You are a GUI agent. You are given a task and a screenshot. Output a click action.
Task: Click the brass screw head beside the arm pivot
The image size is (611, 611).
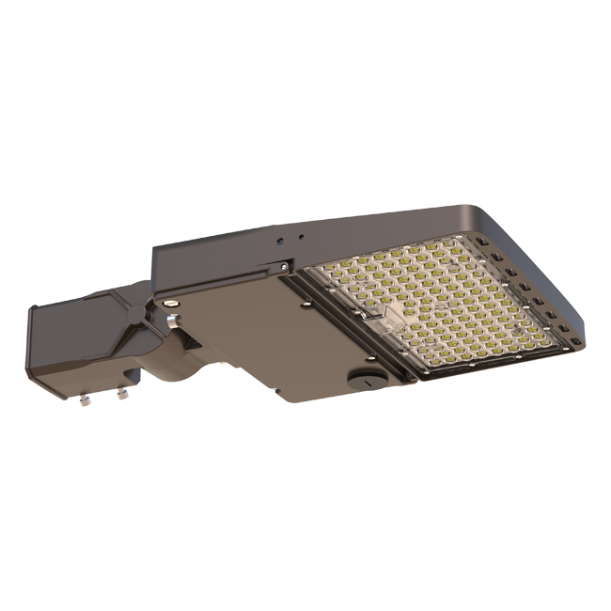[x=170, y=304]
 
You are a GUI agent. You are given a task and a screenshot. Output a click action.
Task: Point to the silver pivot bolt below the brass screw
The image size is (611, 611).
[x=172, y=323]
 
